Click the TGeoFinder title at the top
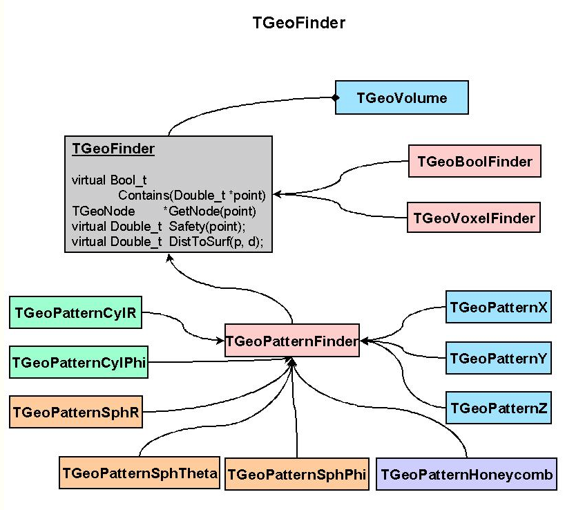[x=299, y=23]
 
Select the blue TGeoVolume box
[x=401, y=97]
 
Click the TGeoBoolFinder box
[x=475, y=162]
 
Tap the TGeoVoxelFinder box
[x=474, y=218]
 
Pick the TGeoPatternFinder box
[x=291, y=340]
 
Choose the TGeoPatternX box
[x=498, y=307]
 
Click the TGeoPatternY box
[x=498, y=358]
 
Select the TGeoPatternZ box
[x=498, y=408]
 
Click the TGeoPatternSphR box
[x=76, y=413]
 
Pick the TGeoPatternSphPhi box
[x=297, y=474]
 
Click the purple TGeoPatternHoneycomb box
[x=466, y=474]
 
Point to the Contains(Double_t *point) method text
[x=191, y=196]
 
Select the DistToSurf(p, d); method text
[x=216, y=241]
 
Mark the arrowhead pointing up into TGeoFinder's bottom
[x=168, y=257]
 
